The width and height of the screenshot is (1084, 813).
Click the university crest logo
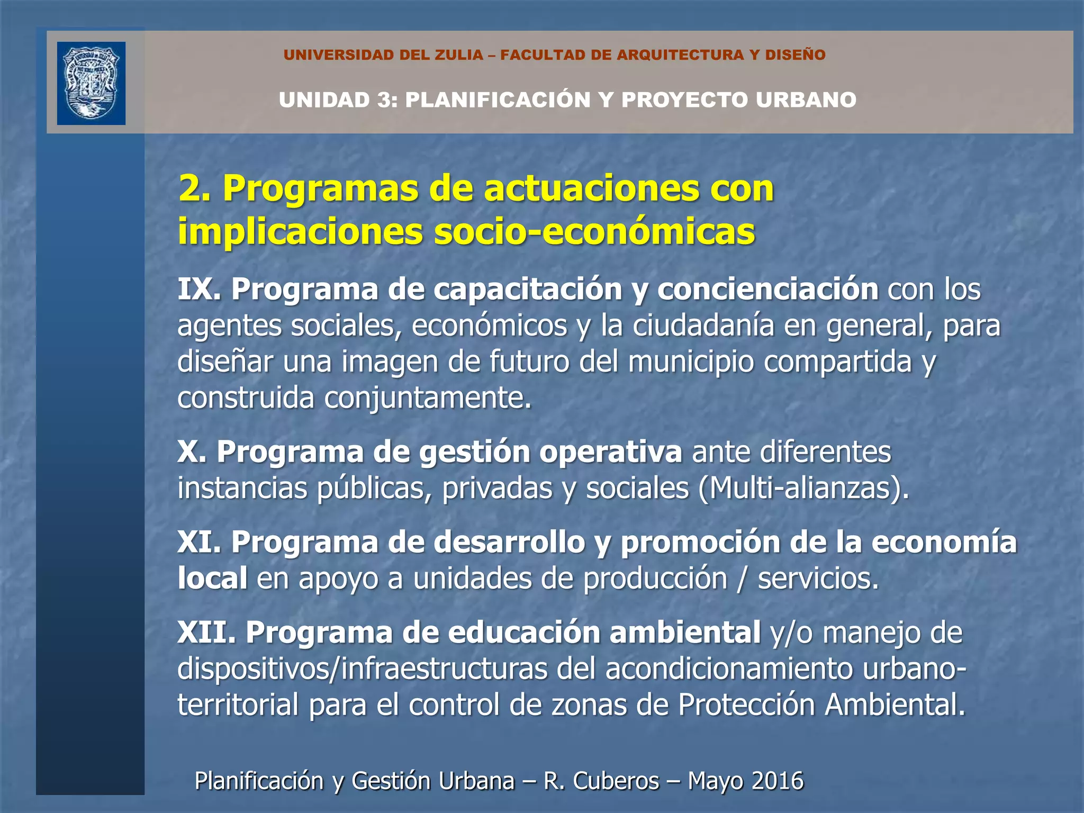91,83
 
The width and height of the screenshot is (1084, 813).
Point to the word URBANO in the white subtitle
806,100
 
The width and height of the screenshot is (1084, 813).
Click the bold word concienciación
767,290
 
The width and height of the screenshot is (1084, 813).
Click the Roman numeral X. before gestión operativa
192,453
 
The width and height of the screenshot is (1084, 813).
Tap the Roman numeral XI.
198,543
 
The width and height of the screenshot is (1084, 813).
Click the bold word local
212,579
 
